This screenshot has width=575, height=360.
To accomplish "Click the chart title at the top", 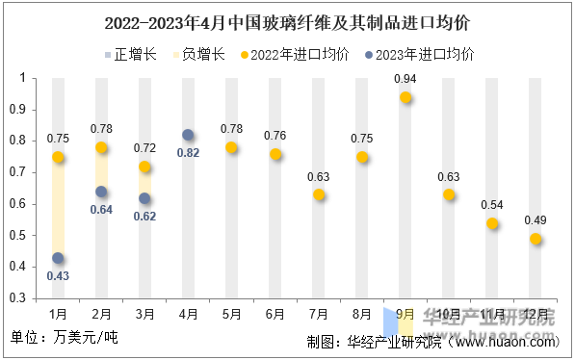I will pyautogui.click(x=287, y=21).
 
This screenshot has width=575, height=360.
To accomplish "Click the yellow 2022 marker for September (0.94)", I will pyautogui.click(x=405, y=97).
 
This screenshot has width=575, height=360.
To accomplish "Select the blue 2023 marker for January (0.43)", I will pyautogui.click(x=58, y=258).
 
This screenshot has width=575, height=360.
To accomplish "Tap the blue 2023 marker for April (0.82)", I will pyautogui.click(x=188, y=135).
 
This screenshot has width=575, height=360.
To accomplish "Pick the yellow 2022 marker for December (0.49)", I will pyautogui.click(x=536, y=239).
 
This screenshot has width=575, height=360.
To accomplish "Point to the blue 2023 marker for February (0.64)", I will pyautogui.click(x=101, y=192).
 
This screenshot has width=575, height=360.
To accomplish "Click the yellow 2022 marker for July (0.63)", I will pyautogui.click(x=319, y=194).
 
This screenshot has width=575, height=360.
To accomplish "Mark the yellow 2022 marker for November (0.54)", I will pyautogui.click(x=492, y=223).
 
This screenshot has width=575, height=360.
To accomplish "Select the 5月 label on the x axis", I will pyautogui.click(x=231, y=313).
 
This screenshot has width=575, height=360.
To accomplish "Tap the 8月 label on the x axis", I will pyautogui.click(x=362, y=313).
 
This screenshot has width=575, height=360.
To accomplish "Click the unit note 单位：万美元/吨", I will pyautogui.click(x=65, y=339).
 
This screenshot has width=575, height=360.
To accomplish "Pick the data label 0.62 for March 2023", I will pyautogui.click(x=144, y=216).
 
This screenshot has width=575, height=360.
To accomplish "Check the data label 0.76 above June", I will pyautogui.click(x=274, y=135).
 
